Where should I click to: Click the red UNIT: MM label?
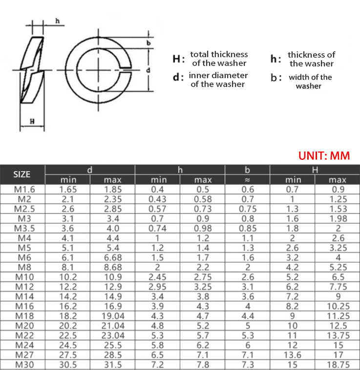click(324, 156)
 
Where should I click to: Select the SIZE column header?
click(21, 174)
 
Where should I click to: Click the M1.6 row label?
click(24, 190)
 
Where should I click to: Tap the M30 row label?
click(24, 365)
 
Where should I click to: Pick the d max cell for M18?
click(113, 316)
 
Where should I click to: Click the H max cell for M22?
click(338, 336)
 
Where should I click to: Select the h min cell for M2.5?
click(157, 209)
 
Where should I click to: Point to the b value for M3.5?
click(248, 228)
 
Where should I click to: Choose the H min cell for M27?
click(292, 355)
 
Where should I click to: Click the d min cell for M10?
click(68, 277)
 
